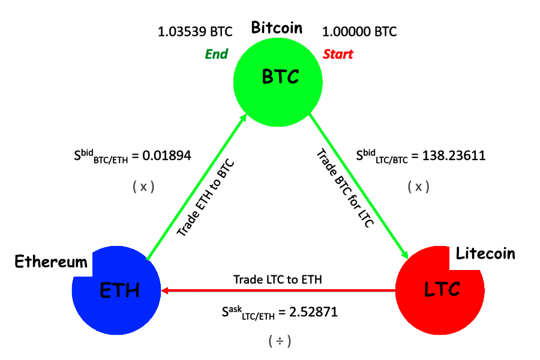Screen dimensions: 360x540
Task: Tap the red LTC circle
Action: pos(442,290)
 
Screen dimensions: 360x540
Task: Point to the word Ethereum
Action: pos(51,262)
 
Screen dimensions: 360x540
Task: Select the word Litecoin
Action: pos(485,253)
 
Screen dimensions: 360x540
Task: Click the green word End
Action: pos(217,55)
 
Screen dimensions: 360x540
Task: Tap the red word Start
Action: pos(338,55)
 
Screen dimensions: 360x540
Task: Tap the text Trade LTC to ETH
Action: pos(277,279)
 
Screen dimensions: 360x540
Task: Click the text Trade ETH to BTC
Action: pos(205,197)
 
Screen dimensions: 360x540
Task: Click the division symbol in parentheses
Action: pos(280,341)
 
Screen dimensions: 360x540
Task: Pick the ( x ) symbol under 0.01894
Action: pos(143,187)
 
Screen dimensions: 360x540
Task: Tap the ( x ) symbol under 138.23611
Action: pos(418,187)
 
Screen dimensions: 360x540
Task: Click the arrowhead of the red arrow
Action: pos(164,290)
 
